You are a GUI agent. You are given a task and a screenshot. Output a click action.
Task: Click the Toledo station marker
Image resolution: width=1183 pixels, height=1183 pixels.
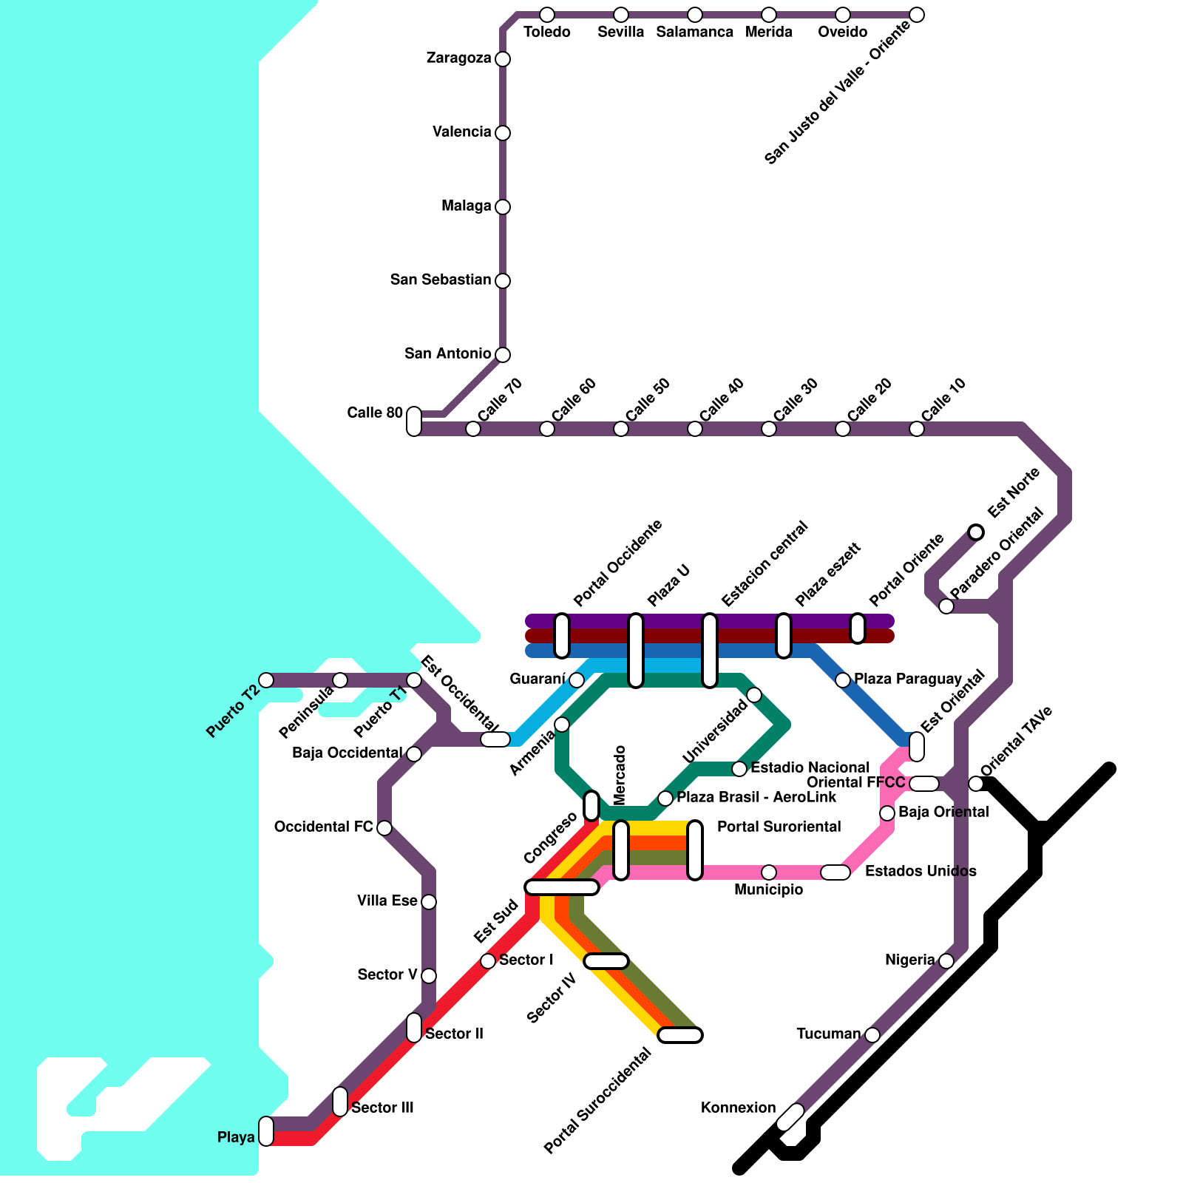547,15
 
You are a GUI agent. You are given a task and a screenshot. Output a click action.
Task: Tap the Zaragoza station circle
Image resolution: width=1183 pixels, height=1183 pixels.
503,59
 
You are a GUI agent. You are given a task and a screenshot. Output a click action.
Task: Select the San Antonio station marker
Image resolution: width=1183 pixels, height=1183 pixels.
503,355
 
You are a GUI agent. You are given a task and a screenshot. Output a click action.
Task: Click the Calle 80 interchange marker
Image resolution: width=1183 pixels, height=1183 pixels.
414,421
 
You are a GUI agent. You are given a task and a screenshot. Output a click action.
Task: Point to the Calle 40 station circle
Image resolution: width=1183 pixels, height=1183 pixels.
695,429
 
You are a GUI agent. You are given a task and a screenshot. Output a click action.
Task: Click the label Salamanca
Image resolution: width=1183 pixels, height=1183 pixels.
694,33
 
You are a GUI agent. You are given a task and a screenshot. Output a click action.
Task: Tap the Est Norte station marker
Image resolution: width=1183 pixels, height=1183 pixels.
976,532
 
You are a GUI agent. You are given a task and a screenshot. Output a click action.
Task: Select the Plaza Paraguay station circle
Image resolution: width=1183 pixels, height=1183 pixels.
843,680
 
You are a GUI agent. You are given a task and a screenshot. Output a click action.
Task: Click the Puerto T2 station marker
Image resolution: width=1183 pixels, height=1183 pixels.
266,680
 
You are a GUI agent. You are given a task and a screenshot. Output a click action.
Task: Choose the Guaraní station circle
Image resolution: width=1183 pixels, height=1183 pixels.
577,680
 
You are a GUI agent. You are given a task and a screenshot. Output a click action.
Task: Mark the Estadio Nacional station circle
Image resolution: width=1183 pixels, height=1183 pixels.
739,769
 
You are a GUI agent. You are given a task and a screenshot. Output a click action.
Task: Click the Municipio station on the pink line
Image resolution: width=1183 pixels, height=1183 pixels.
769,872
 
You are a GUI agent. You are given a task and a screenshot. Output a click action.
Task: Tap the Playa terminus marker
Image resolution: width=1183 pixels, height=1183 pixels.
266,1131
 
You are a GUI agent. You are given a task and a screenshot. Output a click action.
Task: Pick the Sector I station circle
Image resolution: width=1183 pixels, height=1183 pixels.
488,961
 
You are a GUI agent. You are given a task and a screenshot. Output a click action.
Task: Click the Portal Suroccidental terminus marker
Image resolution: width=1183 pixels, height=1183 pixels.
680,1035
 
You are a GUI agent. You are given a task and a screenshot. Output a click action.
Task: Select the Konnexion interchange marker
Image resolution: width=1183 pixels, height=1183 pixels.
790,1117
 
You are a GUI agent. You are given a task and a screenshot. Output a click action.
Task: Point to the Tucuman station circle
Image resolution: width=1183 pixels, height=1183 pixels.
872,1035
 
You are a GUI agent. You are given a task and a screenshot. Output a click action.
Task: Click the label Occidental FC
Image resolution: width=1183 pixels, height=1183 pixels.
323,827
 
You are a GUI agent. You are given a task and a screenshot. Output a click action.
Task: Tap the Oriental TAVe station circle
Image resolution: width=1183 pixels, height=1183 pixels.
976,784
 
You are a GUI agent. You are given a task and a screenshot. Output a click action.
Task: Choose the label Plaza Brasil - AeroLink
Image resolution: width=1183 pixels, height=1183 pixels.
756,797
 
